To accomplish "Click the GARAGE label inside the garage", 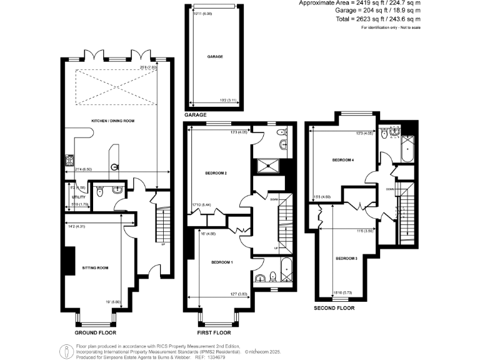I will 215,56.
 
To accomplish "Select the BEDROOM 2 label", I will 216,173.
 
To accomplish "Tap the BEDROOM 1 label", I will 221,262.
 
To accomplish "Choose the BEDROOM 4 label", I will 343,161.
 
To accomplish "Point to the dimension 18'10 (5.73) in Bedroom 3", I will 344,292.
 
